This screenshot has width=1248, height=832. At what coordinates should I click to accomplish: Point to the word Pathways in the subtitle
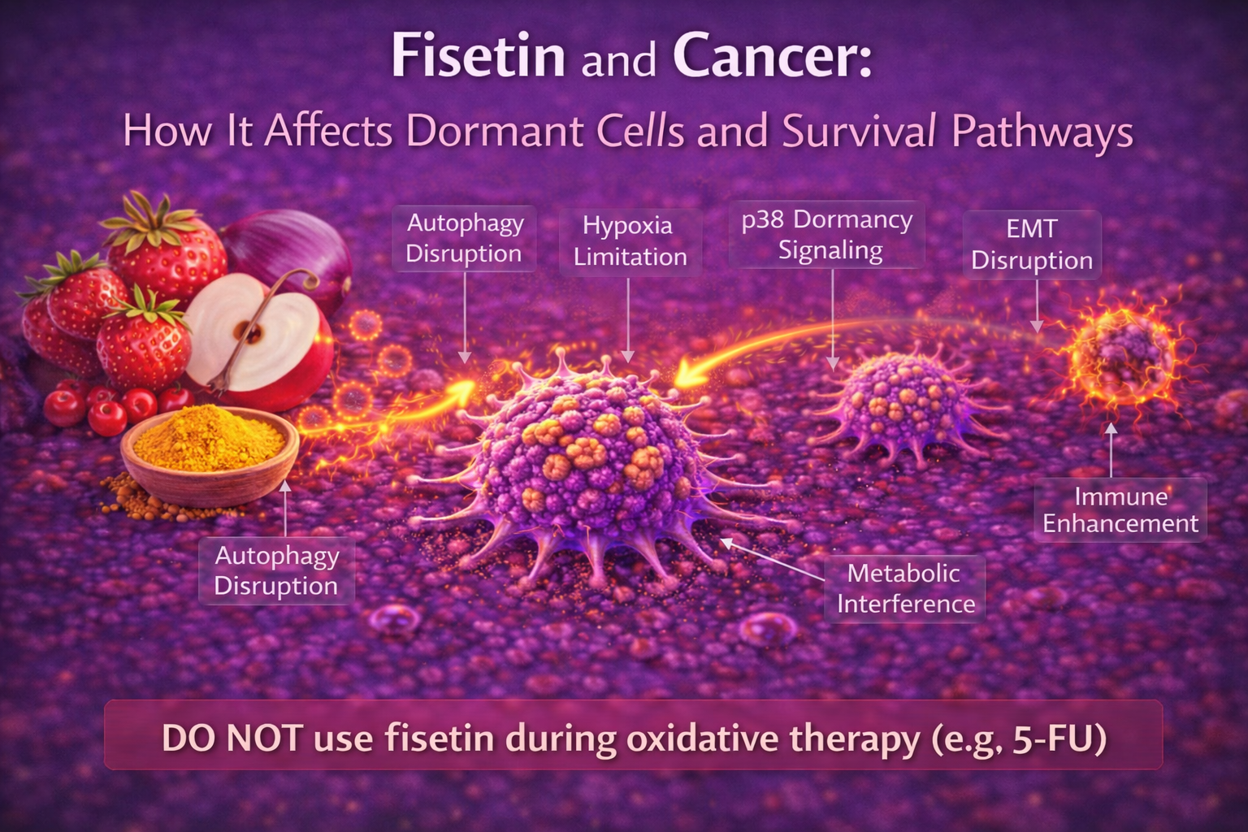pos(1042,131)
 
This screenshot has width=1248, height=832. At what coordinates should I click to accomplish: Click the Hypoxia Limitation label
pos(630,240)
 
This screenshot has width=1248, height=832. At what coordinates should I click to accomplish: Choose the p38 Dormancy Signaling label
pos(827,234)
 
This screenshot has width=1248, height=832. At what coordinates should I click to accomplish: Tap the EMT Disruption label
pos(1032,244)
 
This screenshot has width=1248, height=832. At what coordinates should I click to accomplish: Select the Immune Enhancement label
pos(1120,509)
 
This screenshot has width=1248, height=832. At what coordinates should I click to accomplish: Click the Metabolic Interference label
pos(905,588)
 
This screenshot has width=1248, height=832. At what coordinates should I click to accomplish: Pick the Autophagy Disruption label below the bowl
pos(276,570)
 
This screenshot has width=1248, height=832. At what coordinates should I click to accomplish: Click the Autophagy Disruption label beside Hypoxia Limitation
pos(464,237)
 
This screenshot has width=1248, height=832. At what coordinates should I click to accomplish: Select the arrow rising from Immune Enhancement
pos(1111,451)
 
